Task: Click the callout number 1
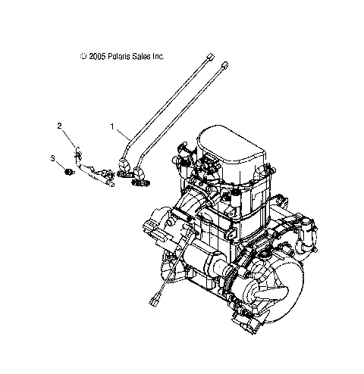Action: (111, 127)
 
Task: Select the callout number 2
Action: (59, 126)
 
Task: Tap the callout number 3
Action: (54, 158)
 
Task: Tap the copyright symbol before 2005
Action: (83, 57)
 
